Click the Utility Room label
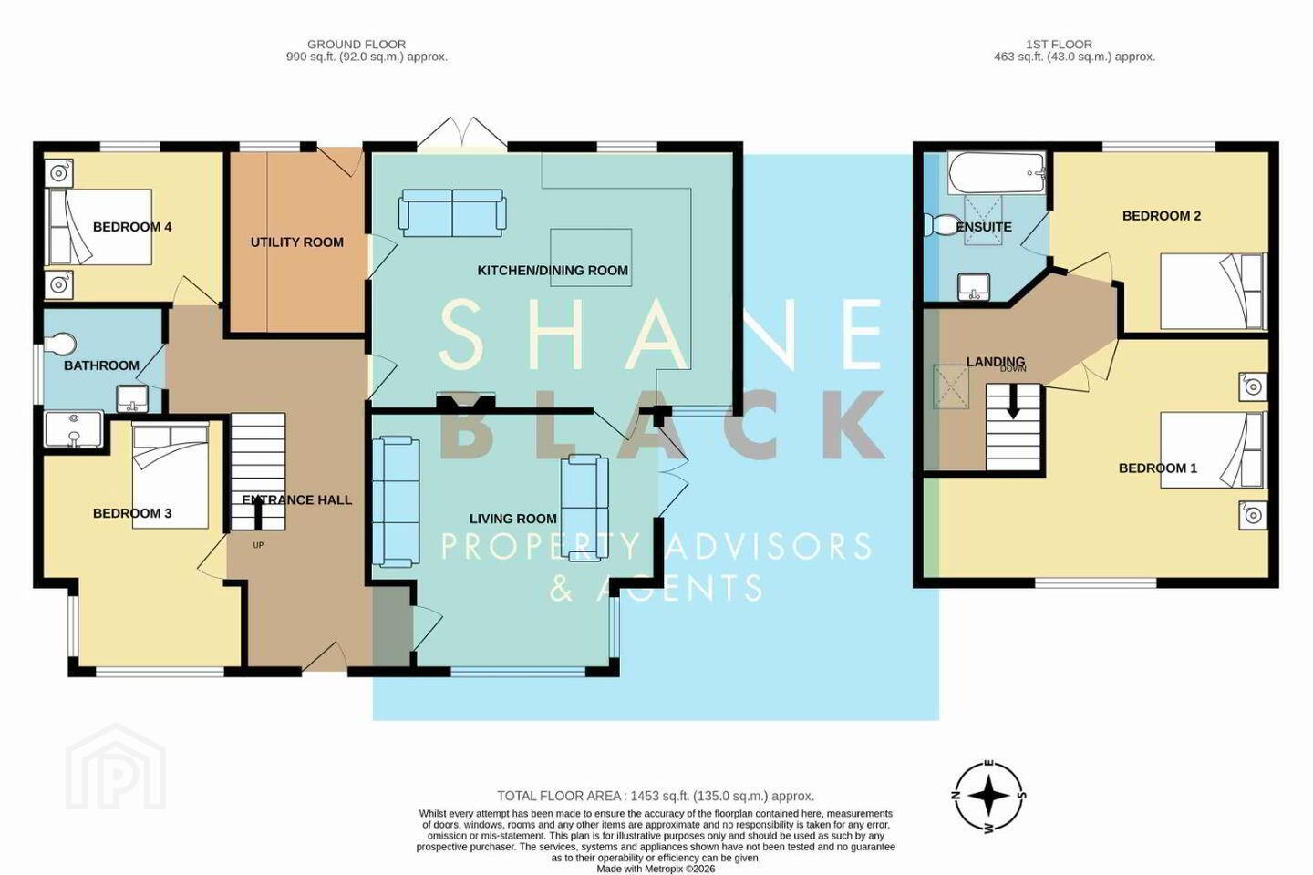[x=297, y=242]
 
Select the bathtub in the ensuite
[x=997, y=173]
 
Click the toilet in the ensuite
[x=939, y=224]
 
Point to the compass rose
[x=990, y=796]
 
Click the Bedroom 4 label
[x=132, y=227]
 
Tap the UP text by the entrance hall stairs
[x=258, y=545]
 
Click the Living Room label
[x=512, y=519]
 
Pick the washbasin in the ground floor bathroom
[x=132, y=398]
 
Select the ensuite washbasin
[x=974, y=287]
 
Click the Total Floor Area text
[x=656, y=796]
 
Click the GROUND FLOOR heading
[x=357, y=45]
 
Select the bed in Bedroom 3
[x=171, y=475]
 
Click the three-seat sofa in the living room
[x=397, y=501]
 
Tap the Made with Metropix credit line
[x=656, y=870]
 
